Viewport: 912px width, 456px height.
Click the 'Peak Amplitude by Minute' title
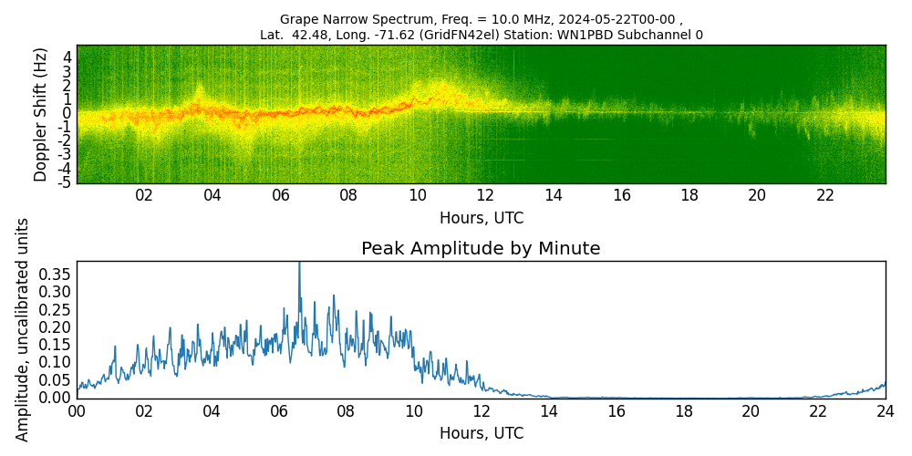coord(481,248)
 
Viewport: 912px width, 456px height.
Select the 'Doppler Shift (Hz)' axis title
coord(40,114)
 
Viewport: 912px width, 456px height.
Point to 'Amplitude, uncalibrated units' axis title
coord(23,329)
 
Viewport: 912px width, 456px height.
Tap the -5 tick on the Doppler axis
coord(66,182)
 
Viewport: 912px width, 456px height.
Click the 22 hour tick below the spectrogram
coord(825,195)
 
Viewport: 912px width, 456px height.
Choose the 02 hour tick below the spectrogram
coord(144,195)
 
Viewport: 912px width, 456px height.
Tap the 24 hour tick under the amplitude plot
coord(886,411)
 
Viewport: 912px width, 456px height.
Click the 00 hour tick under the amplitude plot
coord(77,411)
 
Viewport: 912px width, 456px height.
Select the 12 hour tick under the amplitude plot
coord(482,411)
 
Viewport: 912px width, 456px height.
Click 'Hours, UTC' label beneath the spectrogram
coord(481,218)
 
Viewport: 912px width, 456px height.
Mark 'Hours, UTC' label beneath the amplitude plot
coord(481,433)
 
